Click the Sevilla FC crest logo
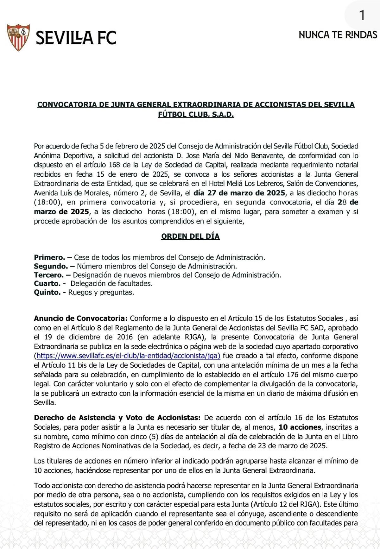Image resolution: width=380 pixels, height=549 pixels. tap(18, 37)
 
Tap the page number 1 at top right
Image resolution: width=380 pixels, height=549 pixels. tap(362, 16)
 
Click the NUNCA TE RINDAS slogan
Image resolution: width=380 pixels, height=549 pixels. tap(338, 35)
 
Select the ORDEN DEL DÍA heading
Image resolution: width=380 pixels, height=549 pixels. tap(190, 236)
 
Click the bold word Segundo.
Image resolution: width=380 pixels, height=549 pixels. tap(51, 266)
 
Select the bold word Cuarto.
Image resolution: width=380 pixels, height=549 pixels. tap(47, 283)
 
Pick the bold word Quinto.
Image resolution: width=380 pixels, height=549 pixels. tap(47, 292)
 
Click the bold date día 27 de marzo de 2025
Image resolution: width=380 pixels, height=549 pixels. tap(240, 193)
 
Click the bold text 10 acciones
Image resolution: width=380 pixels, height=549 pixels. tap(300, 427)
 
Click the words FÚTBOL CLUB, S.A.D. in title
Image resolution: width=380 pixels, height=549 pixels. tap(196, 115)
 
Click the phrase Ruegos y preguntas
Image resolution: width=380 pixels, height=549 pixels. tap(101, 292)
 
